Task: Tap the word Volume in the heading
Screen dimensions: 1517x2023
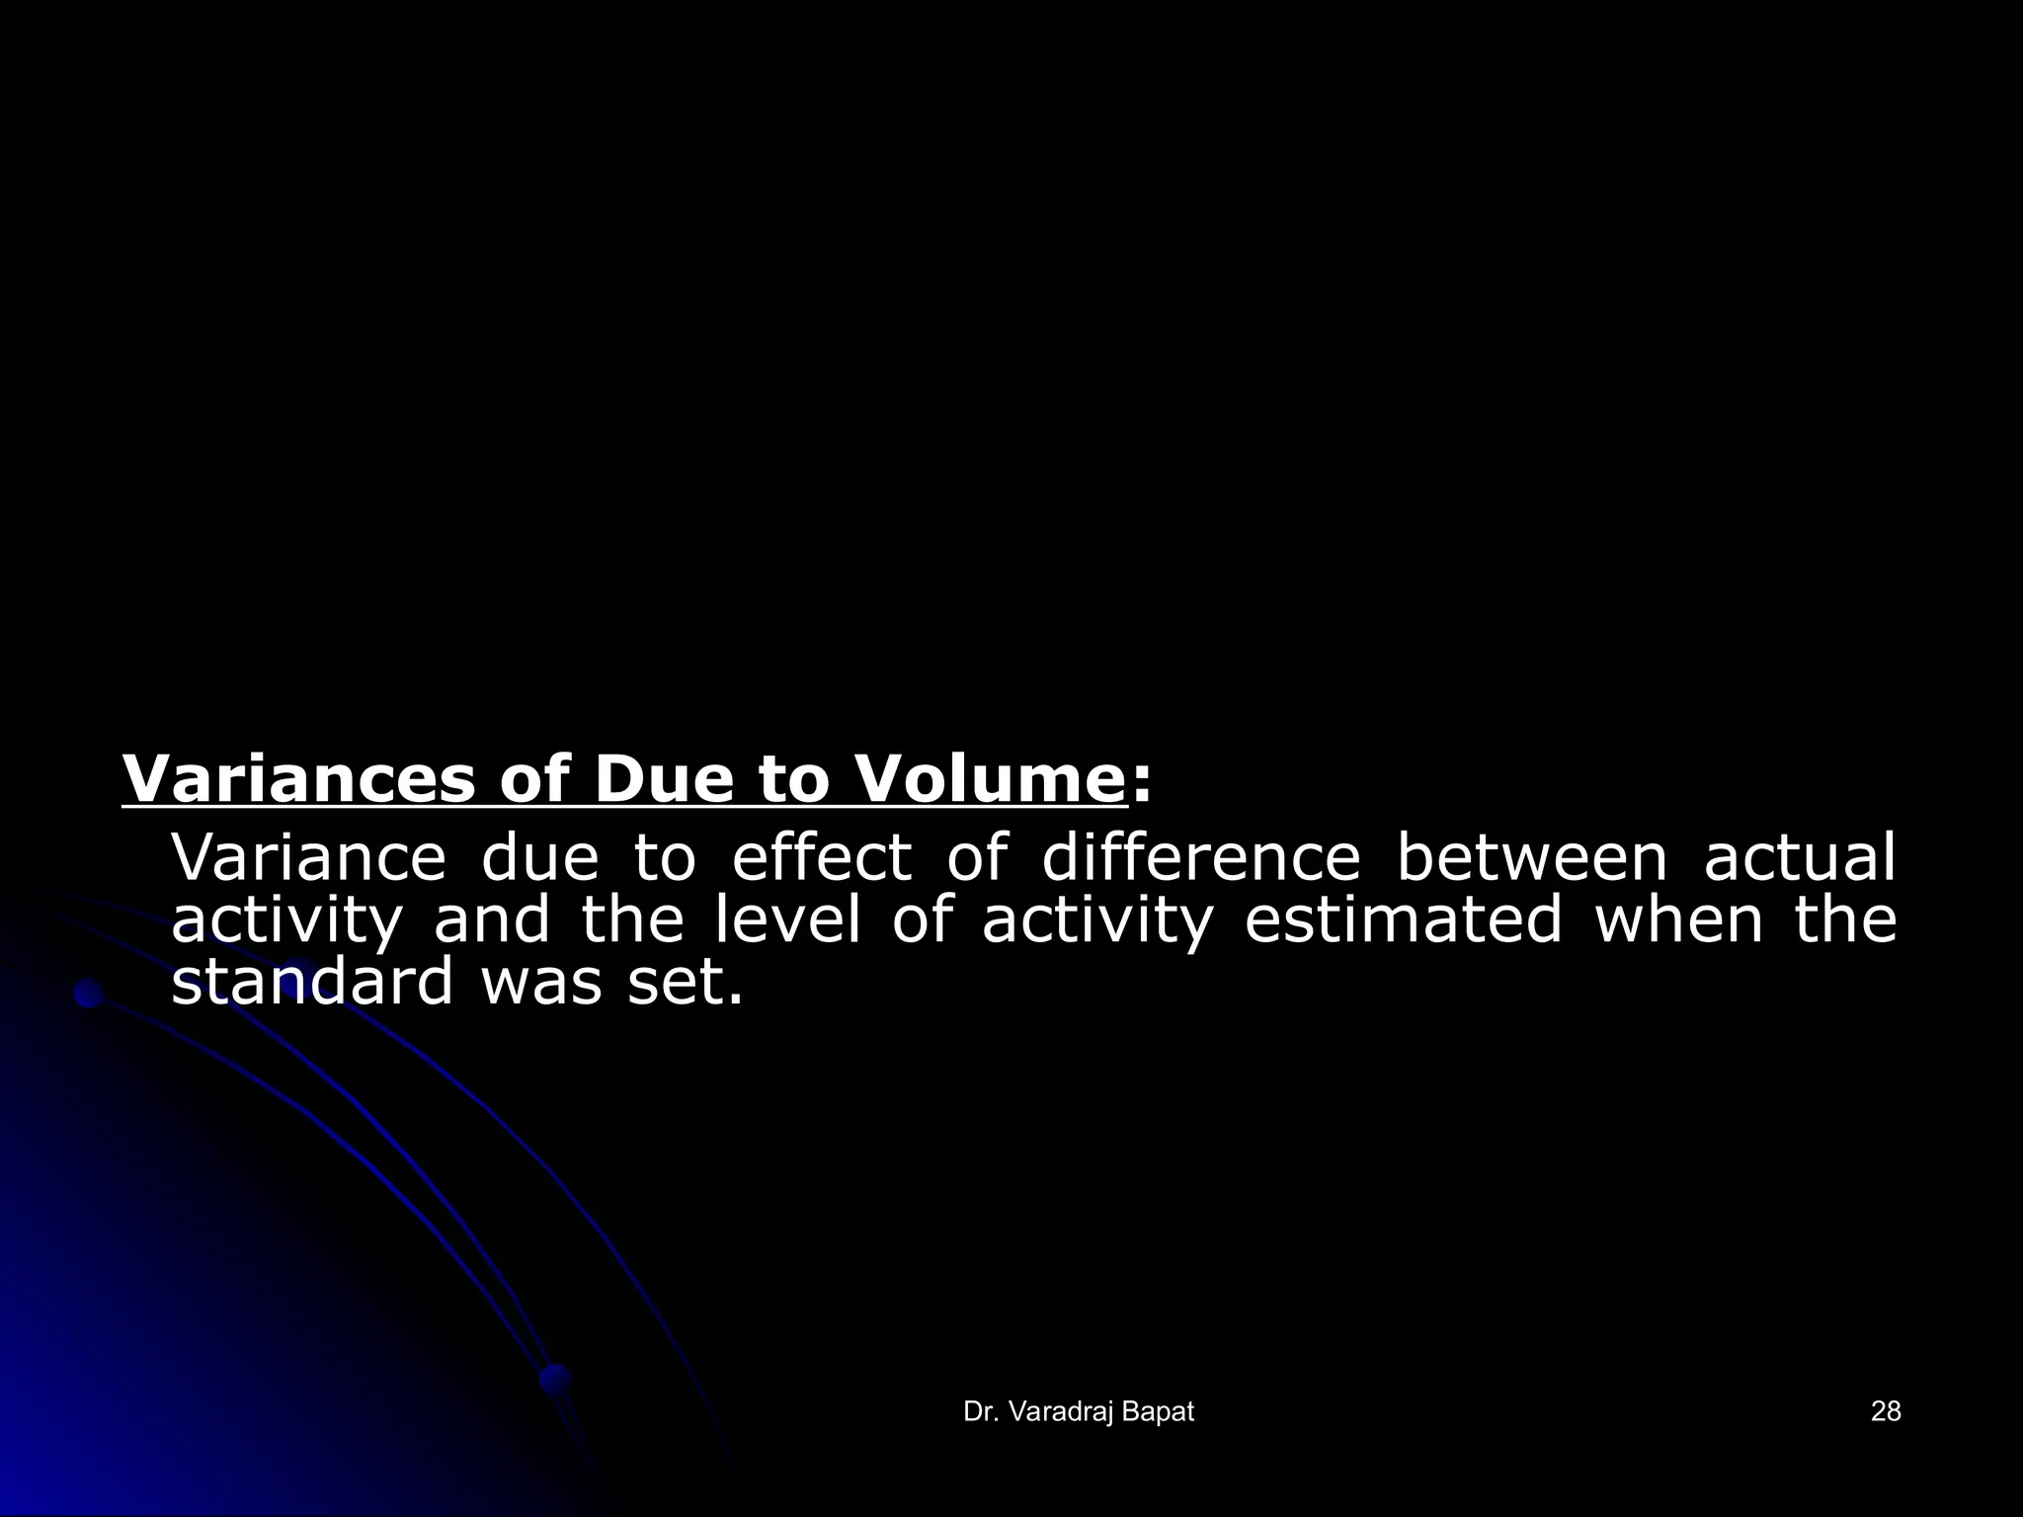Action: click(x=988, y=780)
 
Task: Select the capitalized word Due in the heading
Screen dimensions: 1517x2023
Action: click(x=665, y=780)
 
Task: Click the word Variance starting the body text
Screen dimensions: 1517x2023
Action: click(x=308, y=857)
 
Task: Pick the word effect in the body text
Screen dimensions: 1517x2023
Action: click(x=821, y=857)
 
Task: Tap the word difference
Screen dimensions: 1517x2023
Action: click(x=1200, y=857)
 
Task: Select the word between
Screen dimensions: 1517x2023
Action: click(x=1531, y=857)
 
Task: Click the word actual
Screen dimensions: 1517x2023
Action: click(x=1800, y=857)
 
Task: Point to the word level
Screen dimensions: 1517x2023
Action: click(x=786, y=920)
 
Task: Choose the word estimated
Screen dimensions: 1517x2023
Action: click(x=1404, y=920)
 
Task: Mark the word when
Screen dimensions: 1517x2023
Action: click(x=1678, y=920)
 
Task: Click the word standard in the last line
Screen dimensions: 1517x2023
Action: click(x=311, y=983)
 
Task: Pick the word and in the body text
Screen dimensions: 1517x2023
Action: click(x=491, y=920)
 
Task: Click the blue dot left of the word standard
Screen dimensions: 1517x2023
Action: click(x=89, y=994)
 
